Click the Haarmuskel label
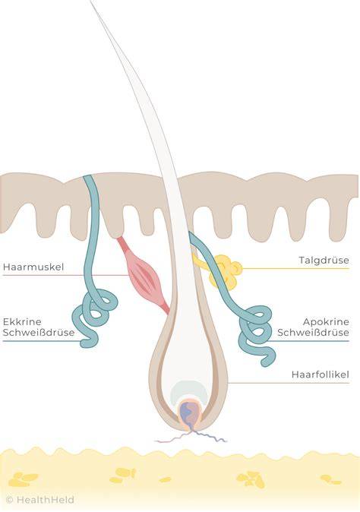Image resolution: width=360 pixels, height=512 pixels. click(33, 267)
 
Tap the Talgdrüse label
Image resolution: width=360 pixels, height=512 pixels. click(324, 261)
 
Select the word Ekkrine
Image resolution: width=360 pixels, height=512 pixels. click(22, 321)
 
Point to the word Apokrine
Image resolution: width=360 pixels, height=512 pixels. click(326, 321)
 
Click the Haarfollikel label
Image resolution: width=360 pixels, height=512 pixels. click(321, 375)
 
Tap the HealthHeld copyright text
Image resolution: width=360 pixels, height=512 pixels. click(40, 500)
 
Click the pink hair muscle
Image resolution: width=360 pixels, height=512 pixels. click(144, 276)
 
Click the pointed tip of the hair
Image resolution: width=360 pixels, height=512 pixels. click(90, 2)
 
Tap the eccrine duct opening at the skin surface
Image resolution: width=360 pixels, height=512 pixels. click(89, 177)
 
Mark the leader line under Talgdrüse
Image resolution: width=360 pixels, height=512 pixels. click(295, 269)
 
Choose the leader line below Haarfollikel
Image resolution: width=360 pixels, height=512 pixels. click(288, 383)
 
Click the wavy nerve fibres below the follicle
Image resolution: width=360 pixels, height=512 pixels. click(191, 437)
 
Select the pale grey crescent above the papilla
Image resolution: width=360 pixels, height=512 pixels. click(189, 391)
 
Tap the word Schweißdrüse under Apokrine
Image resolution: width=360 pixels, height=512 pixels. click(313, 333)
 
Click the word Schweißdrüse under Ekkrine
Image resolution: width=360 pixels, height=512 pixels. click(39, 333)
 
